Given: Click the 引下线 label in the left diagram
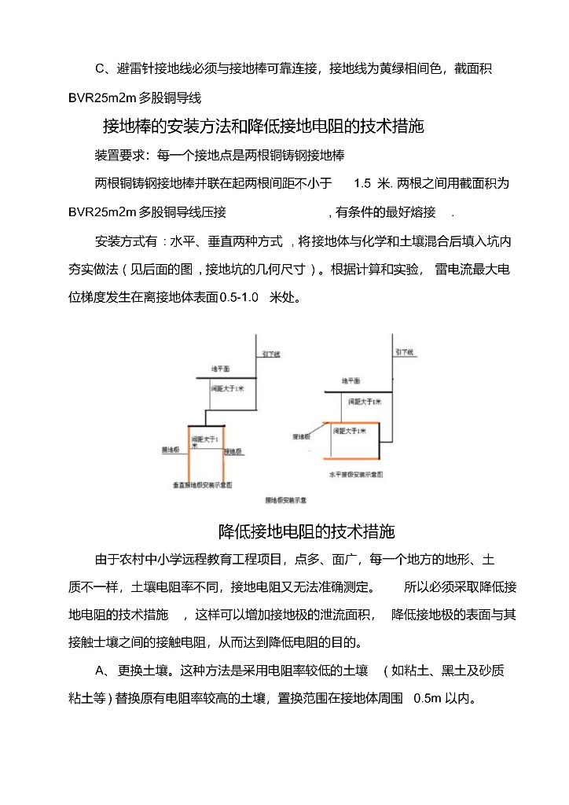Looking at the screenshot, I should pyautogui.click(x=272, y=355).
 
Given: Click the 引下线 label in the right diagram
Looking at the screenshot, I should pyautogui.click(x=404, y=351).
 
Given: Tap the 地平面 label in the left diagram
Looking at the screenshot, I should pyautogui.click(x=219, y=369).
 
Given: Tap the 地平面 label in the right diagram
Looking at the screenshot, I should pyautogui.click(x=351, y=380).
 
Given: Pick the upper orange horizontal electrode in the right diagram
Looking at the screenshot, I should pyautogui.click(x=347, y=423).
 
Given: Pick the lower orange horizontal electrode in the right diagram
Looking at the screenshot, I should pyautogui.click(x=347, y=458).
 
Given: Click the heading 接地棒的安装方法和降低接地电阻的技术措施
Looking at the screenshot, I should pyautogui.click(x=264, y=126).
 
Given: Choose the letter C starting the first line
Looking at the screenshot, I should pyautogui.click(x=100, y=69).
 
